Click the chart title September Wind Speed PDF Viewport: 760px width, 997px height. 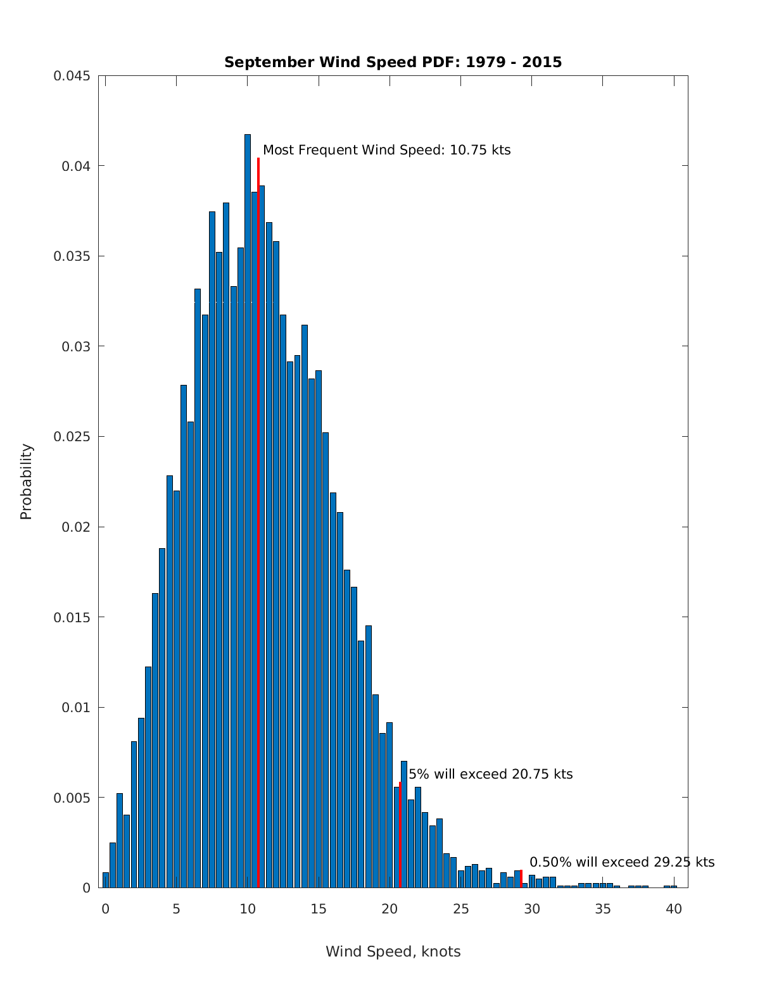pos(393,62)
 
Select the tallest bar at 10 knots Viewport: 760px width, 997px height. pos(248,506)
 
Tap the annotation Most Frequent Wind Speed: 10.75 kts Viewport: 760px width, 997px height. pos(386,150)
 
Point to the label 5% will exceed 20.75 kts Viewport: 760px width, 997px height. pos(490,774)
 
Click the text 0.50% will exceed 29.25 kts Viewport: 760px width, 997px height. pos(621,862)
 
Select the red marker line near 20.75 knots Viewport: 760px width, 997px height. pos(400,836)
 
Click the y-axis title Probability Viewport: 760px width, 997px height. pos(26,481)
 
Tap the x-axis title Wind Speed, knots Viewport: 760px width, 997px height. pos(393,951)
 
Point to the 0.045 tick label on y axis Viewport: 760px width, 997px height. pos(71,76)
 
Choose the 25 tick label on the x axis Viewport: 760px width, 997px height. pos(461,909)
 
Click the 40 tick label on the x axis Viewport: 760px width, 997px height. pos(674,909)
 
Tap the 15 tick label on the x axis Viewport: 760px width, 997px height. pos(319,909)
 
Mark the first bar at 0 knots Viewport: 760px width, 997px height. pos(106,880)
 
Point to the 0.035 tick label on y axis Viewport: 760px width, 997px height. pos(71,256)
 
